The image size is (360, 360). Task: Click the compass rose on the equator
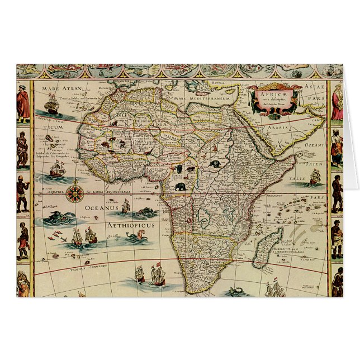[x=73, y=195]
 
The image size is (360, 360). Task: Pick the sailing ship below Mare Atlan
[x=51, y=105]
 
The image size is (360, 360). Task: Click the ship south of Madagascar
[x=274, y=290]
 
